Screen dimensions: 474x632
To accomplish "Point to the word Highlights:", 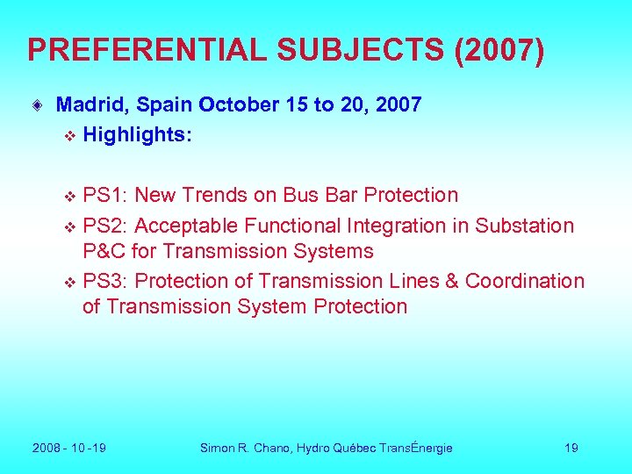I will tap(137, 135).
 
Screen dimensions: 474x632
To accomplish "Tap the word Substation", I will tap(524, 226).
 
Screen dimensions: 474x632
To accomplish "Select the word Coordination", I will tap(524, 281).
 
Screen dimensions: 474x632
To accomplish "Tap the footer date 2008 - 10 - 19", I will tap(69, 448).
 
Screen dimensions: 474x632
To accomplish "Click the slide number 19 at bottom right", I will tap(571, 448).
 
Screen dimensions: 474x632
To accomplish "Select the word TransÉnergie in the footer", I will tap(416, 448).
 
